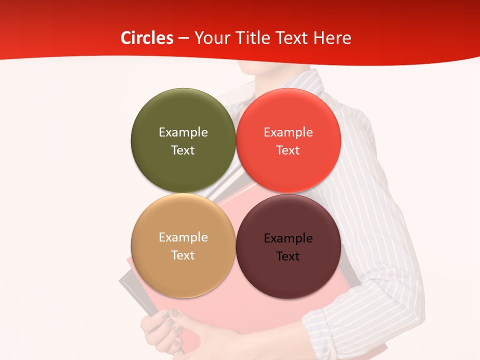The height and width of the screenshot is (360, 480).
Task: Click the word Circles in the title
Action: pyautogui.click(x=146, y=38)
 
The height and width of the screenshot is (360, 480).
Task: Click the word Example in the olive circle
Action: pyautogui.click(x=183, y=132)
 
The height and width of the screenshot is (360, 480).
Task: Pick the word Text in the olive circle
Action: pyautogui.click(x=183, y=150)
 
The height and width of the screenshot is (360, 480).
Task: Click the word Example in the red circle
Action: pyautogui.click(x=288, y=132)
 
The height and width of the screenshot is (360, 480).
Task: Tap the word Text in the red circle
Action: pyautogui.click(x=288, y=150)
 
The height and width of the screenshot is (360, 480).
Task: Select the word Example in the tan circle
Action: pyautogui.click(x=183, y=237)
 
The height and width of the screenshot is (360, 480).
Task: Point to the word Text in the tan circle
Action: pyautogui.click(x=183, y=255)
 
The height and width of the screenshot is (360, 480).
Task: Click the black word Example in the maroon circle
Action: pyautogui.click(x=288, y=238)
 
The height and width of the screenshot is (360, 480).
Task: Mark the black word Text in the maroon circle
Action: pyautogui.click(x=288, y=256)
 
